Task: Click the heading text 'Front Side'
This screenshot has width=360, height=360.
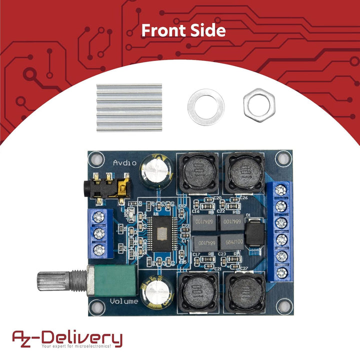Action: click(x=183, y=30)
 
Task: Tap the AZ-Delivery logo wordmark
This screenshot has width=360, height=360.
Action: click(x=67, y=337)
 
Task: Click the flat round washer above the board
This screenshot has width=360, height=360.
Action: click(x=205, y=107)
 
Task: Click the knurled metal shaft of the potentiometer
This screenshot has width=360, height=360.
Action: click(x=55, y=281)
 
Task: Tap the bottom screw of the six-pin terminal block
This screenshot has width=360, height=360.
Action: click(x=281, y=272)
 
